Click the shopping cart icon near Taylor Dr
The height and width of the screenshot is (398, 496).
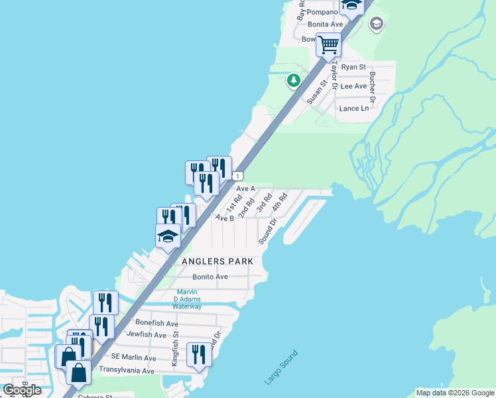click(328, 45)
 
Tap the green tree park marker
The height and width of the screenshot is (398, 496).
click(293, 80)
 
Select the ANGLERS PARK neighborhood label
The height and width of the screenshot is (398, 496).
click(217, 261)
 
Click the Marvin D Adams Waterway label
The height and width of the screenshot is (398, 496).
click(188, 299)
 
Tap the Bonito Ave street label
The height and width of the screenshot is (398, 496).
click(210, 277)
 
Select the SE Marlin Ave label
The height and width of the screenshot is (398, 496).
click(133, 358)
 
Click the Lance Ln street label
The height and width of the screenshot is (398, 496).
click(353, 108)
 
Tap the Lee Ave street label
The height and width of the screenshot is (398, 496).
click(353, 86)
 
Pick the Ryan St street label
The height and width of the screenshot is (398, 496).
click(353, 67)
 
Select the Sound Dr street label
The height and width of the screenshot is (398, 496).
click(267, 234)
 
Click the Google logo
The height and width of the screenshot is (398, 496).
click(22, 390)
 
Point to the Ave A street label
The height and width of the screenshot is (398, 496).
click(246, 188)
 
